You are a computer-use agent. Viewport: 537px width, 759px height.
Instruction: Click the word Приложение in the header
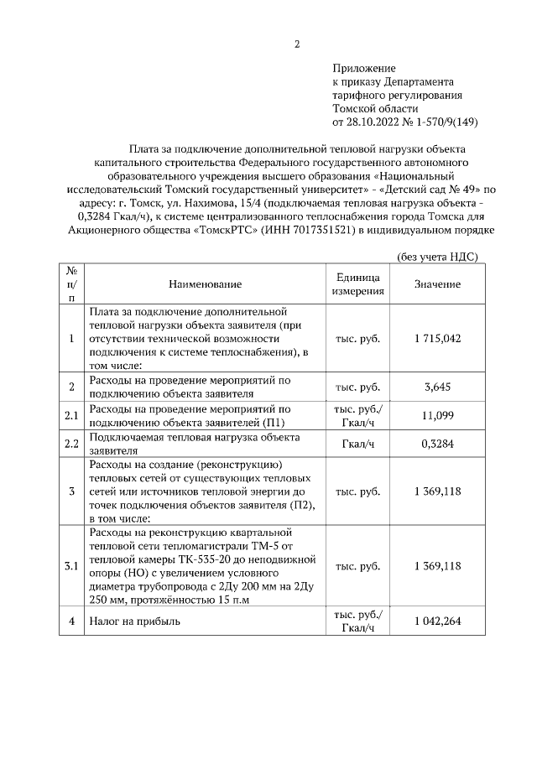pos(363,68)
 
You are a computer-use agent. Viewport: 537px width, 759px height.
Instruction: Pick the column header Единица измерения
pos(357,285)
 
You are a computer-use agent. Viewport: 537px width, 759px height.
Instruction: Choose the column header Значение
pos(437,285)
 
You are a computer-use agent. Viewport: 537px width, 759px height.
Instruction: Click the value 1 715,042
pos(437,338)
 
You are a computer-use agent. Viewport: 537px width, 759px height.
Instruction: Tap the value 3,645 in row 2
pos(437,387)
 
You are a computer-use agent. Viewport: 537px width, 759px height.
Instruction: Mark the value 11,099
pos(437,414)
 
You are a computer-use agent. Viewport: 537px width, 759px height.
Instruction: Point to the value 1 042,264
pos(437,621)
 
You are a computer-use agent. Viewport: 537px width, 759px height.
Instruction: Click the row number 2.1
pos(71,414)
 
